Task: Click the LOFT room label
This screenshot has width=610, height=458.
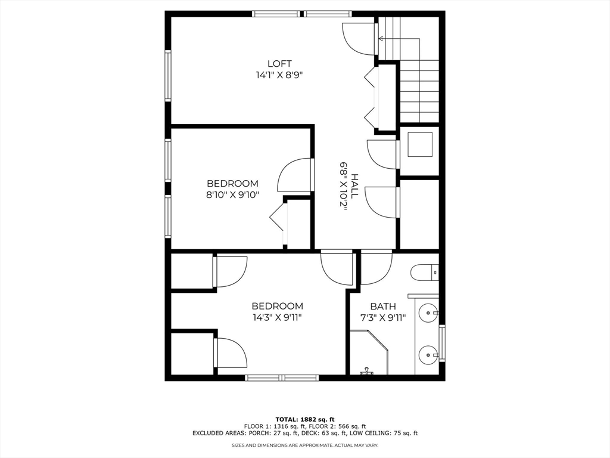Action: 279,64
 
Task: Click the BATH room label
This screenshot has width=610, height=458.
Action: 383,307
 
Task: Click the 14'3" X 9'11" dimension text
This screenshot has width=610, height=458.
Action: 277,317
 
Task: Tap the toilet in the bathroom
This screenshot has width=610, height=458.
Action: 425,273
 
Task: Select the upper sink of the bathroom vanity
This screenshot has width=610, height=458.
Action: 428,312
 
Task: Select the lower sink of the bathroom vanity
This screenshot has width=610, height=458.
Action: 428,355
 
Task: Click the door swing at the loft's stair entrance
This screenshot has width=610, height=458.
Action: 359,39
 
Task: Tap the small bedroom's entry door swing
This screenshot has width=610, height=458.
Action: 294,175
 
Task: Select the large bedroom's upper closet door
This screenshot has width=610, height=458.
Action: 230,271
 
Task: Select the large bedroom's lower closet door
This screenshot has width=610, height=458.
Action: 230,353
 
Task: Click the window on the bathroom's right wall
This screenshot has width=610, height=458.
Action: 441,343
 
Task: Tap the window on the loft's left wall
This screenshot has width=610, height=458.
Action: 168,76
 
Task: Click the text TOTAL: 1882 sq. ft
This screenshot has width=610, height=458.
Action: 304,419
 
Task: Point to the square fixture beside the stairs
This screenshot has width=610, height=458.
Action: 420,143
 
